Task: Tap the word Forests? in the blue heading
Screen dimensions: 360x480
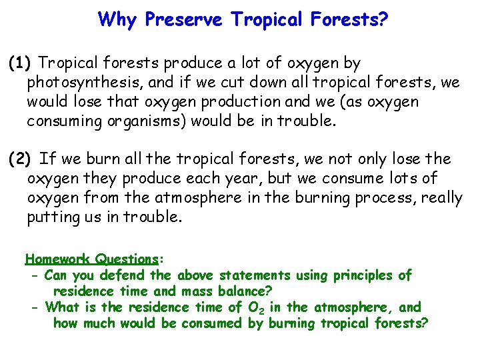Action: click(x=350, y=19)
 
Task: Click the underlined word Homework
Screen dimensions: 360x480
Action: click(x=58, y=259)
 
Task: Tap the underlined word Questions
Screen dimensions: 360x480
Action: click(x=126, y=259)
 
